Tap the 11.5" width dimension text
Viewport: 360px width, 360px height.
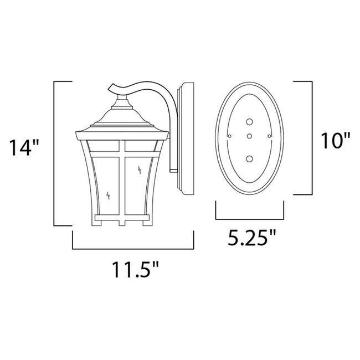132,271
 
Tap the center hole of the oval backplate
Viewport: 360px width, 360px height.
249,136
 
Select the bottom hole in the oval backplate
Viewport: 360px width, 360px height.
249,159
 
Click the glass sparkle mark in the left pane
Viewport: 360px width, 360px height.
107,194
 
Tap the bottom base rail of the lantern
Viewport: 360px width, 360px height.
121,220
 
